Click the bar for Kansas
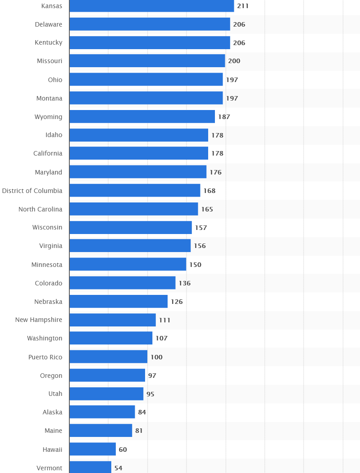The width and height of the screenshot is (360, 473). pos(151,6)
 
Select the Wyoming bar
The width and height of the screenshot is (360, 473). pos(142,116)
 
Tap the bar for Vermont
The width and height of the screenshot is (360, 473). pos(90,468)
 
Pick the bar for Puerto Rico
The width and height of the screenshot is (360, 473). pos(108,357)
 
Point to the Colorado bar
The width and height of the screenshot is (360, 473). pos(122,283)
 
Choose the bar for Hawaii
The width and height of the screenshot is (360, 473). pos(92,449)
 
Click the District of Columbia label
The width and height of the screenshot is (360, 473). pos(32,191)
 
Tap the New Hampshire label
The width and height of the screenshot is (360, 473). pos(39,320)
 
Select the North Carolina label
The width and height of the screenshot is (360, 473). pos(41,209)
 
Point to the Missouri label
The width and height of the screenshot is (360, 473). pos(50,61)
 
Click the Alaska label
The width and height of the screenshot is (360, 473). pos(52,412)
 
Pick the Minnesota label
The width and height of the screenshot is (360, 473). pos(47,265)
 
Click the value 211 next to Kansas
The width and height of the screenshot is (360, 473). pos(243,6)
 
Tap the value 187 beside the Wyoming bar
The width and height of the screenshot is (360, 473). pos(224,117)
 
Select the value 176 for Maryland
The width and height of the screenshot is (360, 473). pos(215,172)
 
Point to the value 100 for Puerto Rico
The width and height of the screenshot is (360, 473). pos(156,357)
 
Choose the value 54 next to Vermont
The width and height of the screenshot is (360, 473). pos(118,468)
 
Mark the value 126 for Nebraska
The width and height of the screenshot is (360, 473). pos(177,302)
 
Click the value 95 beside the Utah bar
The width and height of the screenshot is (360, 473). pos(150,394)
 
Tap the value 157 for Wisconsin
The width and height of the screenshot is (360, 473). pos(201,228)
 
